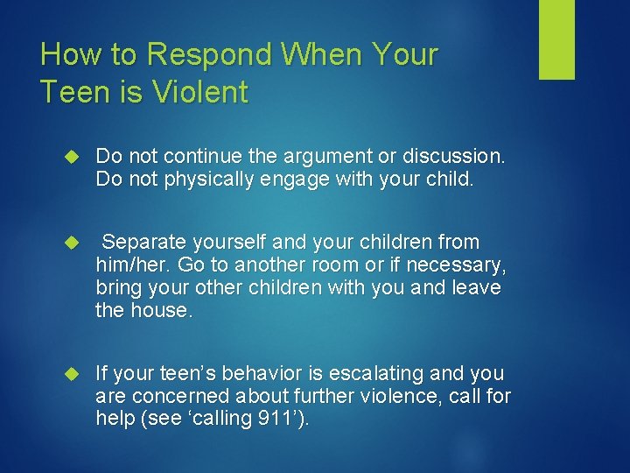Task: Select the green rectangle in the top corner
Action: coord(556,39)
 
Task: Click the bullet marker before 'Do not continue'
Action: coord(73,157)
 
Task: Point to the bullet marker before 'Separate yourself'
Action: coord(73,242)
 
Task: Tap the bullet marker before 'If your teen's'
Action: coord(73,373)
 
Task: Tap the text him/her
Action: coord(129,264)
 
